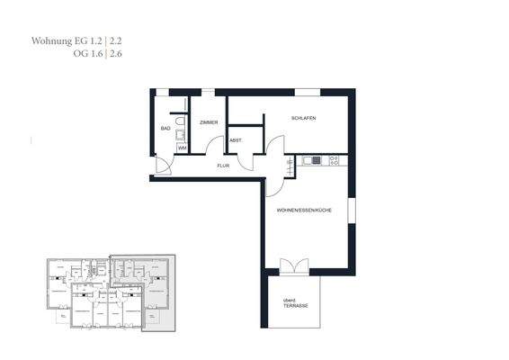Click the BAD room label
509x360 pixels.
point(165,129)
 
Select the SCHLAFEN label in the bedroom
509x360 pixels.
point(303,119)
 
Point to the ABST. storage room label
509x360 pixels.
point(236,140)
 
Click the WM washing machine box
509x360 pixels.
point(182,148)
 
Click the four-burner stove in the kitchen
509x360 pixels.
point(334,160)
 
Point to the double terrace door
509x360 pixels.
point(293,266)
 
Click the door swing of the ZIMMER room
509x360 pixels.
point(214,148)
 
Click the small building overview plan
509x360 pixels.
point(110,292)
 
